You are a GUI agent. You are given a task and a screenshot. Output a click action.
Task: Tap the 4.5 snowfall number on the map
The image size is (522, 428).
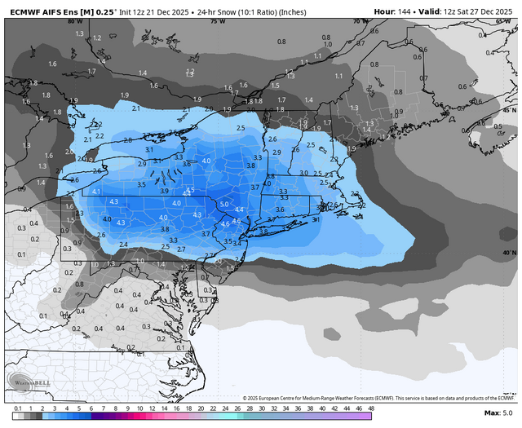point(190,191)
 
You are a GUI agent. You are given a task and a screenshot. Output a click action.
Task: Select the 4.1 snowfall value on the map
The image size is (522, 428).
point(95,192)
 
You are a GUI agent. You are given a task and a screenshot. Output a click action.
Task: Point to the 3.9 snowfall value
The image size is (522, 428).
point(164,191)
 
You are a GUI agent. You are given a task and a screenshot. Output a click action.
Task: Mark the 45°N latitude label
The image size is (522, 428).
point(509,109)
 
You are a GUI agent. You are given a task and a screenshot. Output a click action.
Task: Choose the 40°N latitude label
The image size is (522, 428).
point(509,253)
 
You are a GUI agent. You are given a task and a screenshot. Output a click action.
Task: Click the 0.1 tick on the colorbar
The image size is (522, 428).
point(17,407)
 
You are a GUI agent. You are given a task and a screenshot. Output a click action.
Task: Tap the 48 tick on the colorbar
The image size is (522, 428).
point(370,407)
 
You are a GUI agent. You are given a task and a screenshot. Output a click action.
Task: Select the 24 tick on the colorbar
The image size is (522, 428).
point(223,407)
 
